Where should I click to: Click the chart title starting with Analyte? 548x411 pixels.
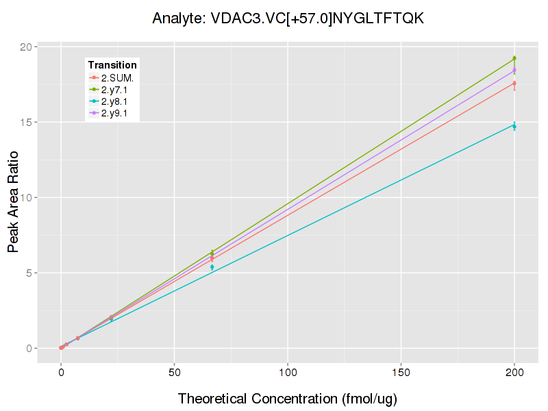tap(288, 18)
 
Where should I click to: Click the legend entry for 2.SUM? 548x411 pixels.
tap(116, 77)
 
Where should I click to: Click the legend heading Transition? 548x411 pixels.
tap(112, 65)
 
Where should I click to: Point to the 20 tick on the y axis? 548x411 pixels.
tap(26, 47)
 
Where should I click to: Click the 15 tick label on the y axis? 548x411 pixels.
tap(26, 122)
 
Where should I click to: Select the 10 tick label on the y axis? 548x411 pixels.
tap(26, 197)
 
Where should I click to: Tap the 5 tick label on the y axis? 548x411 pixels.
tap(29, 273)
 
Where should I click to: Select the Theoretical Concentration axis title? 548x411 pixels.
tap(288, 399)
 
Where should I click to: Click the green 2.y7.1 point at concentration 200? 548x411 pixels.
tap(514, 58)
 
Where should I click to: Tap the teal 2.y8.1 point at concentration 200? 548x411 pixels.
tap(514, 125)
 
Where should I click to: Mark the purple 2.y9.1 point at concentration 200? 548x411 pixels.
tap(514, 70)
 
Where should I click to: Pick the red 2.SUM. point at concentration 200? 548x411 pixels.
tap(514, 84)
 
